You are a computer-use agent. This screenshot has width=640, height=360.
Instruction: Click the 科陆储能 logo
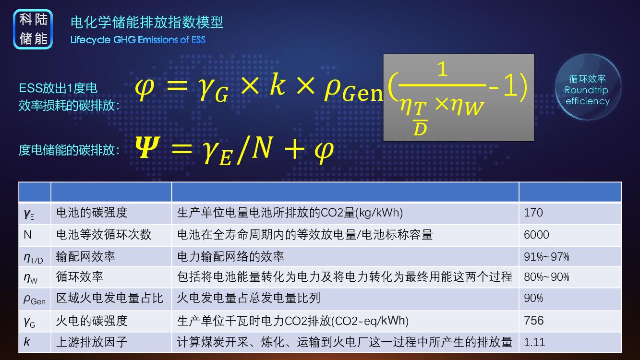[x=33, y=29]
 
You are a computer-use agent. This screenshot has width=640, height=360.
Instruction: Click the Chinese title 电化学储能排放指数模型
[x=146, y=22]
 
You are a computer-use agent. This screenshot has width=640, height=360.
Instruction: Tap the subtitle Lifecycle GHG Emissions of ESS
[x=138, y=40]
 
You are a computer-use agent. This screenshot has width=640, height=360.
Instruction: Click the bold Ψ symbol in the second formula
[x=146, y=149]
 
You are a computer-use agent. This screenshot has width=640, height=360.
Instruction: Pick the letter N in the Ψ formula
[x=262, y=149]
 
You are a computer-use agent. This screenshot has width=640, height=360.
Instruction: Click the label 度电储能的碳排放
[x=69, y=150]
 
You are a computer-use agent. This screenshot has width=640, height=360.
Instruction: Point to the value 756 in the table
[x=534, y=320]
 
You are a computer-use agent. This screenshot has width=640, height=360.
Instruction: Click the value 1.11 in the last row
[x=534, y=342]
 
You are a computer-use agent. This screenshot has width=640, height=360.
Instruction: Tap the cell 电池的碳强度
[x=92, y=213]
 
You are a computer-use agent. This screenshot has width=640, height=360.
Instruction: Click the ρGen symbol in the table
[x=34, y=299]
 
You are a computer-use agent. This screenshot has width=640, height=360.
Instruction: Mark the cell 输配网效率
[x=85, y=257]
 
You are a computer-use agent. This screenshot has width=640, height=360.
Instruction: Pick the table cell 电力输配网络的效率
[x=230, y=257]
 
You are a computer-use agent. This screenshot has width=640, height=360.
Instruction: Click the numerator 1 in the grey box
[x=442, y=69]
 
